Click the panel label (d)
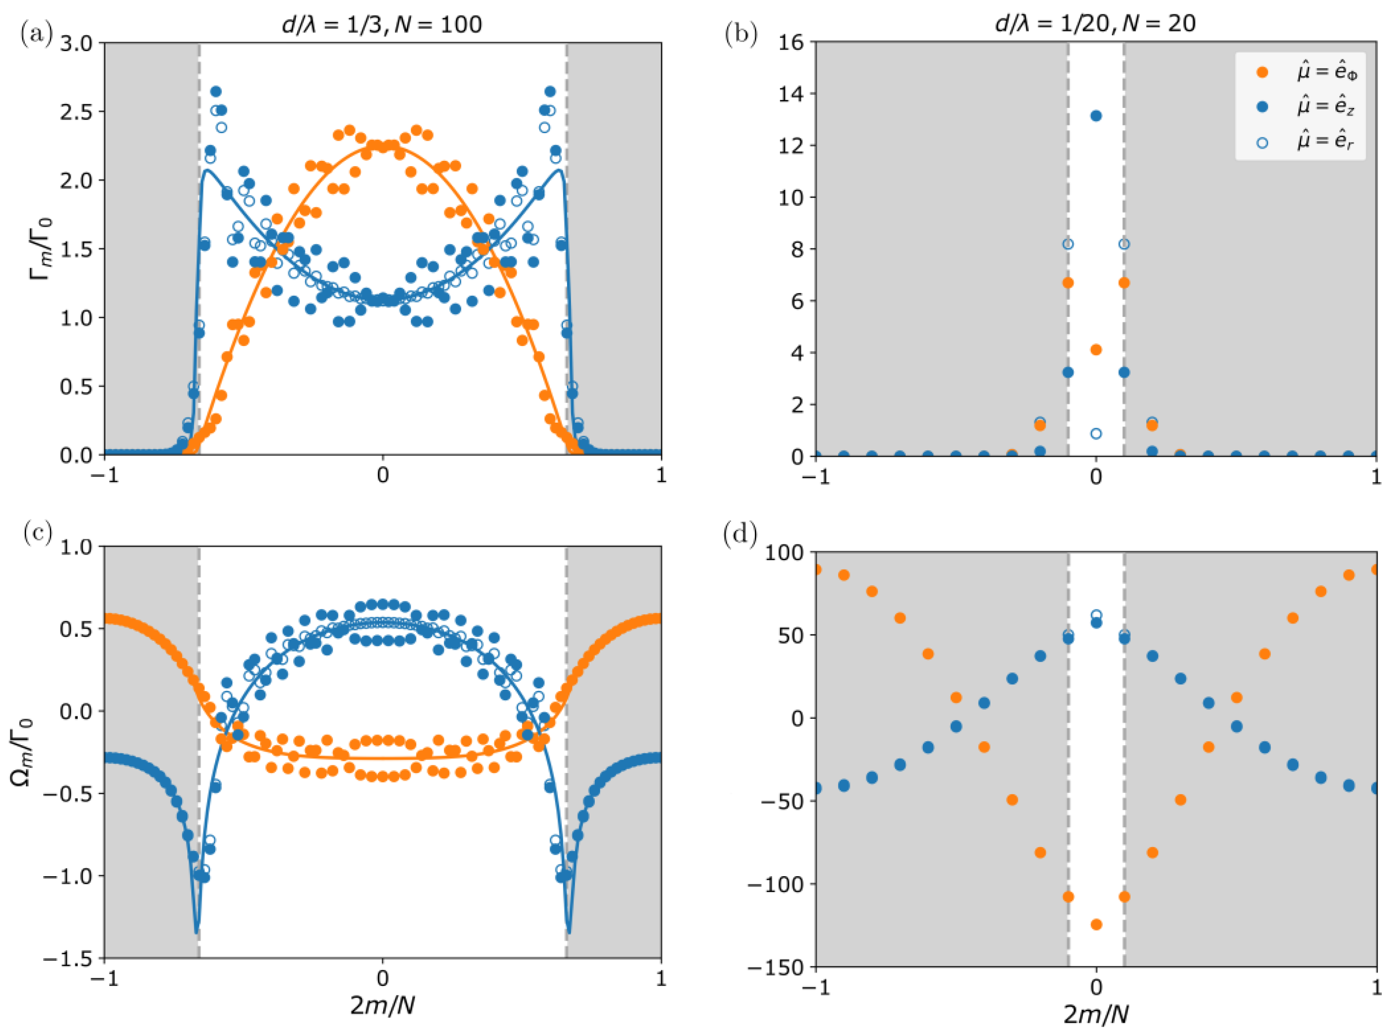tap(740, 535)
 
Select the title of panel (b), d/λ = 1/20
tap(1095, 23)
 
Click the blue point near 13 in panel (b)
tap(1096, 116)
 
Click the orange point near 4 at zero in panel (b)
tap(1096, 350)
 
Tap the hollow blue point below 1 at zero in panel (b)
tap(1096, 433)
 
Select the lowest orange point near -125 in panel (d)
tap(1096, 924)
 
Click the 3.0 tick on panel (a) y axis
tap(76, 43)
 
